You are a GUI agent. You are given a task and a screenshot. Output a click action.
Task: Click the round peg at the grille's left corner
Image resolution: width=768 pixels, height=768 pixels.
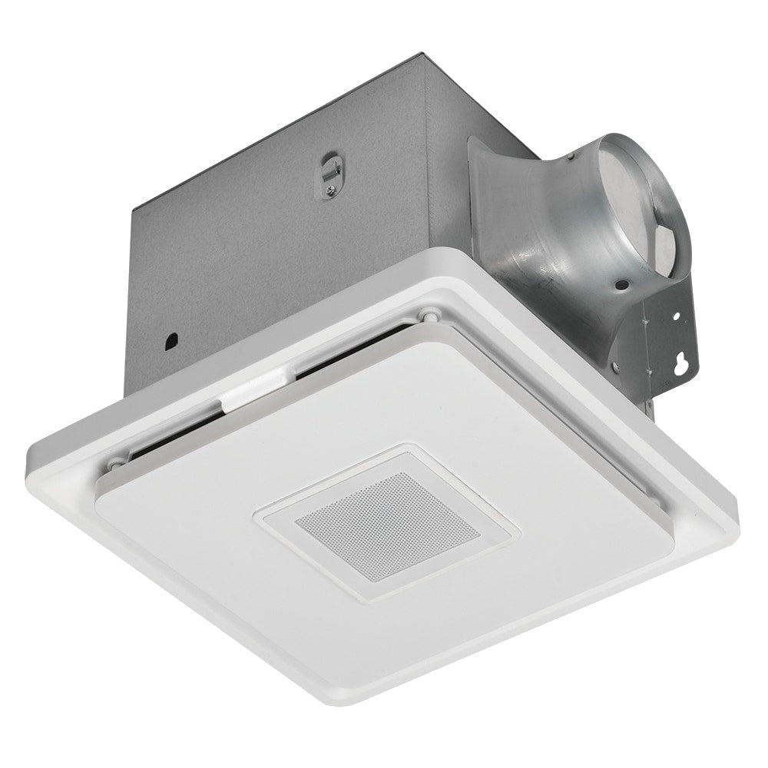click(x=114, y=463)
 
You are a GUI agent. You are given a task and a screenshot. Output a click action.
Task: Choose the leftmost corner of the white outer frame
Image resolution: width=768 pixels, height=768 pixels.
click(x=29, y=461)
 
